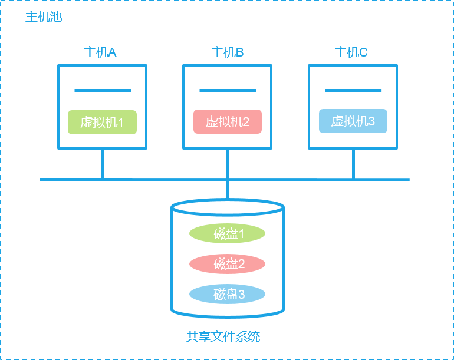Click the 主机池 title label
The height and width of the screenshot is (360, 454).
(44, 17)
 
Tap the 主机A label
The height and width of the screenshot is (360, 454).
(100, 52)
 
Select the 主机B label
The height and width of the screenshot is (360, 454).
(228, 52)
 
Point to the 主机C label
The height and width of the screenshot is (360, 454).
(351, 52)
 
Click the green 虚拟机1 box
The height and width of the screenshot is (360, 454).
(102, 122)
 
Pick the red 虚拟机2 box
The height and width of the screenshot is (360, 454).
(228, 122)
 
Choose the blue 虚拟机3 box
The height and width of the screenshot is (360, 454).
(353, 121)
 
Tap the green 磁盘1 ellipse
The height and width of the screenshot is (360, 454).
(228, 233)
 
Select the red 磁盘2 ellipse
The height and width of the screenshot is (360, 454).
(228, 263)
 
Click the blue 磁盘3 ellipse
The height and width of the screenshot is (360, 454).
(228, 294)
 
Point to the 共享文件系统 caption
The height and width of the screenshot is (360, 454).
(223, 337)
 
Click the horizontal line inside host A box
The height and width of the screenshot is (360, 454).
(103, 91)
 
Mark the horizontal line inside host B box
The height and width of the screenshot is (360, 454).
(228, 91)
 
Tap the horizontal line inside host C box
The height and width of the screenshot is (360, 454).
(353, 91)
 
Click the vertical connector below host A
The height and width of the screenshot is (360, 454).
(103, 163)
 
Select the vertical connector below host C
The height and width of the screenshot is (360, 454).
(353, 163)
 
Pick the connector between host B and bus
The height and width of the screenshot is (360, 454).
(228, 163)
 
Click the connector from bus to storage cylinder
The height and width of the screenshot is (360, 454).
(228, 190)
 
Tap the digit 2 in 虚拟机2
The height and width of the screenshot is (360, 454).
(246, 122)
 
